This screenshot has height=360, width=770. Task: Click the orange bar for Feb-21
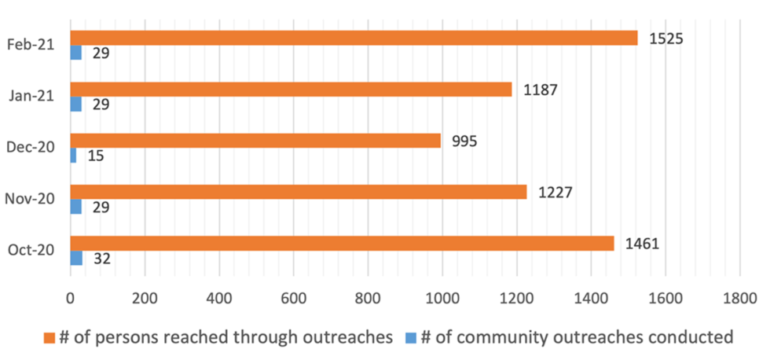[354, 38]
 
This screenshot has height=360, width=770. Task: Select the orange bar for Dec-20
[255, 140]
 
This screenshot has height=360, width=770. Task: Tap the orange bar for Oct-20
[342, 243]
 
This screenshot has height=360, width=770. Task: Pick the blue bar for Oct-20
[76, 258]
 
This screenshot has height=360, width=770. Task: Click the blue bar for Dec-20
[73, 156]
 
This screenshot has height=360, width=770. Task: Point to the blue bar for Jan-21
[75, 104]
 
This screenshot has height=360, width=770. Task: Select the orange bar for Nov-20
[299, 192]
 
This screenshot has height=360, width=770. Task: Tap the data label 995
[464, 141]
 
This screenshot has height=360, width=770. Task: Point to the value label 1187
[541, 90]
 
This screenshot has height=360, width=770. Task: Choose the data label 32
[101, 259]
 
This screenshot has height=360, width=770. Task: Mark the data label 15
[95, 156]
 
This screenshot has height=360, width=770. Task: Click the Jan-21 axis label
[31, 96]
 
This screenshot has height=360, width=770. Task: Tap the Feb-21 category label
[31, 45]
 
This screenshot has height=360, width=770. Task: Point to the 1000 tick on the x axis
[442, 299]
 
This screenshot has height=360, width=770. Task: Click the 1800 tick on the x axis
[739, 299]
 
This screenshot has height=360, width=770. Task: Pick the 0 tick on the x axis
[71, 299]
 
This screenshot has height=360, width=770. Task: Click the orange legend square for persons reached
[49, 337]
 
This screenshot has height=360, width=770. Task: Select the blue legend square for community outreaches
[409, 337]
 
